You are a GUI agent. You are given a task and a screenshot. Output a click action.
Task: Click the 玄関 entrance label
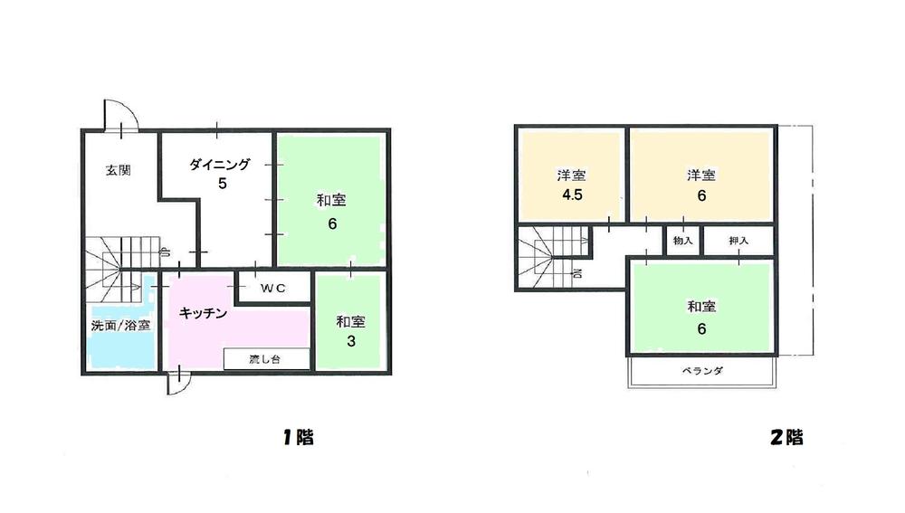(119, 169)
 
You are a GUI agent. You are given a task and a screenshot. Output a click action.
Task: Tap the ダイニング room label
(222, 165)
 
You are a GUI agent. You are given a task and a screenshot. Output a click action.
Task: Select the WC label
(273, 289)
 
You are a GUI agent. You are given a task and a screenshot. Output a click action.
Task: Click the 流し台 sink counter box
(267, 359)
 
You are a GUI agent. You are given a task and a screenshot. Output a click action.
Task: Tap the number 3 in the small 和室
(350, 342)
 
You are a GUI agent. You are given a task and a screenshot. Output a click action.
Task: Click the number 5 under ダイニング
(222, 184)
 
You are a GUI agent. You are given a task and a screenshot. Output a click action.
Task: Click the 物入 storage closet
(682, 241)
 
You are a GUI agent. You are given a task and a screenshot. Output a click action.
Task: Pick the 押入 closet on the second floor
(738, 241)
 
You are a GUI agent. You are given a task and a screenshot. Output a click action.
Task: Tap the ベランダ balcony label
(702, 372)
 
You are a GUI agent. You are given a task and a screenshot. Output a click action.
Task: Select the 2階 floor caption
(786, 438)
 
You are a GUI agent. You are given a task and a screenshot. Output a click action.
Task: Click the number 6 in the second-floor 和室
(701, 328)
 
